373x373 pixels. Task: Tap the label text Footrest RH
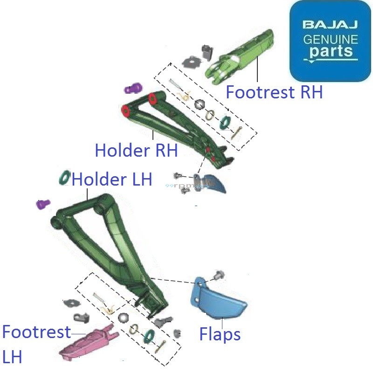click(274, 92)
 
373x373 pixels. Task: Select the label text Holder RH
click(137, 150)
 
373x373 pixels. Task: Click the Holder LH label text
click(112, 179)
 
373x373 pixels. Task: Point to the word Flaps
click(220, 334)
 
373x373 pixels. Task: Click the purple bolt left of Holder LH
click(43, 204)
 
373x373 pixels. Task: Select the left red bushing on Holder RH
click(125, 111)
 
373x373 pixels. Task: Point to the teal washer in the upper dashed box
click(225, 122)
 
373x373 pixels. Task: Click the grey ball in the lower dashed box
click(124, 318)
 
